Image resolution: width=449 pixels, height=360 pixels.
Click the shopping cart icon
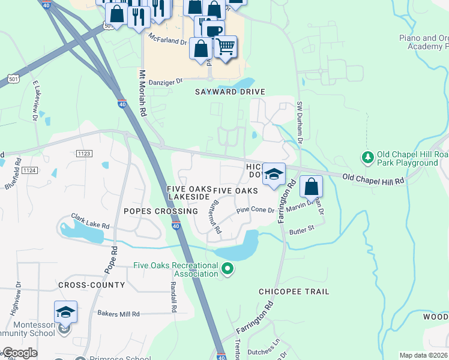225,46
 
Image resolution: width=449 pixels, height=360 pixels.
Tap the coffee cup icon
213,31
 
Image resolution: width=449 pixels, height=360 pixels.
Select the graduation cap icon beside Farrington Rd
274,175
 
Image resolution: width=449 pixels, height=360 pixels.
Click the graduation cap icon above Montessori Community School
65,312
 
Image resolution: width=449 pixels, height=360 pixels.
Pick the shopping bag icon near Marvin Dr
311,187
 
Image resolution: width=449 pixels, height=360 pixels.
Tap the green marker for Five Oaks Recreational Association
228,269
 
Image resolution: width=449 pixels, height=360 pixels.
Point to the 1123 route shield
85,154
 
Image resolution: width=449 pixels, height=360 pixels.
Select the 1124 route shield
29,171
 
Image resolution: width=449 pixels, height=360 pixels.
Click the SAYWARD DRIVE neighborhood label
230,92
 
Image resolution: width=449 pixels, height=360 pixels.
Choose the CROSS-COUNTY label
91,284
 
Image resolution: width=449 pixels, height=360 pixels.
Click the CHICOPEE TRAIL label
294,292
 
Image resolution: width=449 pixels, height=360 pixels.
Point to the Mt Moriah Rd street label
143,93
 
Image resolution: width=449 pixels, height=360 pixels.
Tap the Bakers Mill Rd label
118,314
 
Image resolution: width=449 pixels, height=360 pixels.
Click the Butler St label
302,229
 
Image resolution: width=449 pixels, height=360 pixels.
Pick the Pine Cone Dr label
255,211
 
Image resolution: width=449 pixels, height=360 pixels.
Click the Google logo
19,353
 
